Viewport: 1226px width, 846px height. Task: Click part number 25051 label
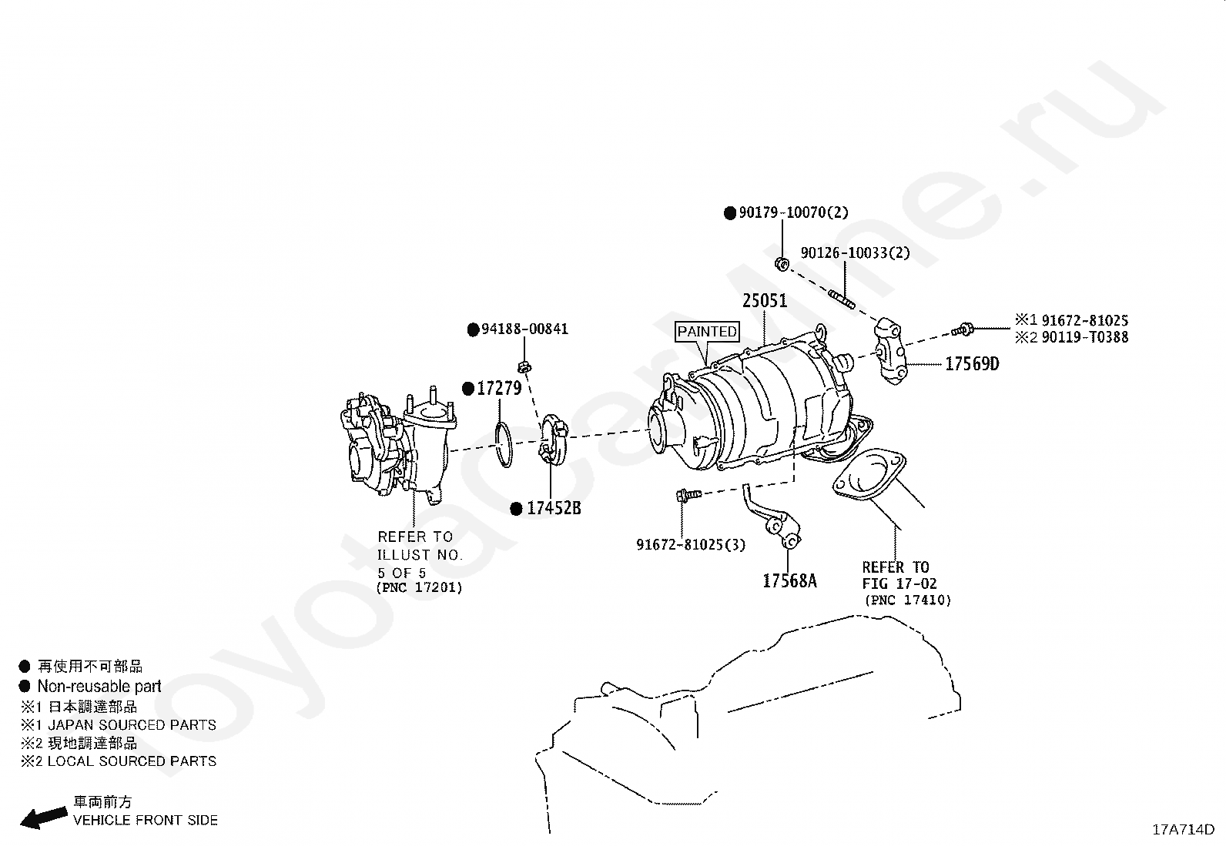765,301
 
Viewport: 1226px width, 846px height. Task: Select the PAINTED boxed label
707,332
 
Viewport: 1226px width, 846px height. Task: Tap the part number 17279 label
499,389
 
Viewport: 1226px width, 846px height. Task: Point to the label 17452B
554,509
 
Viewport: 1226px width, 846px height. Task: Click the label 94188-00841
524,329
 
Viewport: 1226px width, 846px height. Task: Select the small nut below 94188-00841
524,365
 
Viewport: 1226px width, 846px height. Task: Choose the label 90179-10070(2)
793,213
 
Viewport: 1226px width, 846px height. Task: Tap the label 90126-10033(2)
855,253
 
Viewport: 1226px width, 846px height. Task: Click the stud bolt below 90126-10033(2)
842,297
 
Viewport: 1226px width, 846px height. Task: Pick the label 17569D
972,363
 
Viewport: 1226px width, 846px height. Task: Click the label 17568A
789,581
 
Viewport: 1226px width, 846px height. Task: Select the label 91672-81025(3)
691,545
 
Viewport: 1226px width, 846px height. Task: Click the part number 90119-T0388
1085,337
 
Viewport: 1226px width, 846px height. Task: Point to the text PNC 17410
907,600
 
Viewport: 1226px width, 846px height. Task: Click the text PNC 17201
419,588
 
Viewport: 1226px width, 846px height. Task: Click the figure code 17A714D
1183,830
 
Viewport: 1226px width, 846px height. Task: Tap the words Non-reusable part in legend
99,687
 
